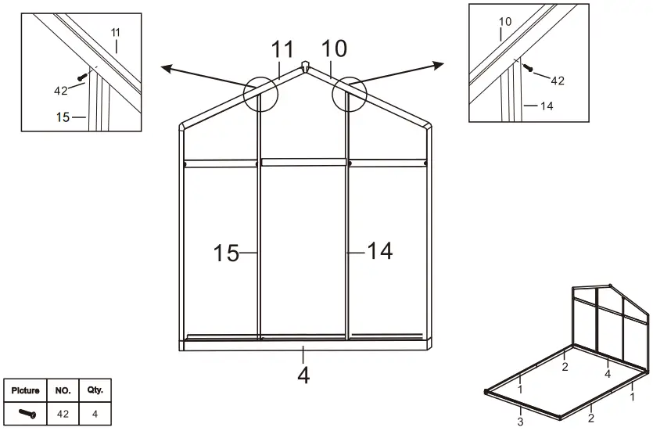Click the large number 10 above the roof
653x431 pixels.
[x=334, y=48]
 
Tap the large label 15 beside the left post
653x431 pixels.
[x=227, y=253]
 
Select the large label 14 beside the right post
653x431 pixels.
[x=380, y=251]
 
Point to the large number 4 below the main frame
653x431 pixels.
[x=303, y=375]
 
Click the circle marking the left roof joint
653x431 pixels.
[x=260, y=95]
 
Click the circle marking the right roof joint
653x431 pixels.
[x=350, y=94]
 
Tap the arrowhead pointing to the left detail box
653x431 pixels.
[x=166, y=69]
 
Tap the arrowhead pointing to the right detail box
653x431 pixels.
[x=440, y=63]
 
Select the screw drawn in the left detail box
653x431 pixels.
[x=82, y=76]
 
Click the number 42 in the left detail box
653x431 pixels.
[x=61, y=91]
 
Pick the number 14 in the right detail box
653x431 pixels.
[x=546, y=106]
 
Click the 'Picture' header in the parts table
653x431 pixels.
[x=26, y=390]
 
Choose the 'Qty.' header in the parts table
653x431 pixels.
[x=95, y=390]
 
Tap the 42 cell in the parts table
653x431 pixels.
[x=63, y=413]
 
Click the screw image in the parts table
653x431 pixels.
[x=27, y=413]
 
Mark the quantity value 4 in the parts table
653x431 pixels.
[x=95, y=413]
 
